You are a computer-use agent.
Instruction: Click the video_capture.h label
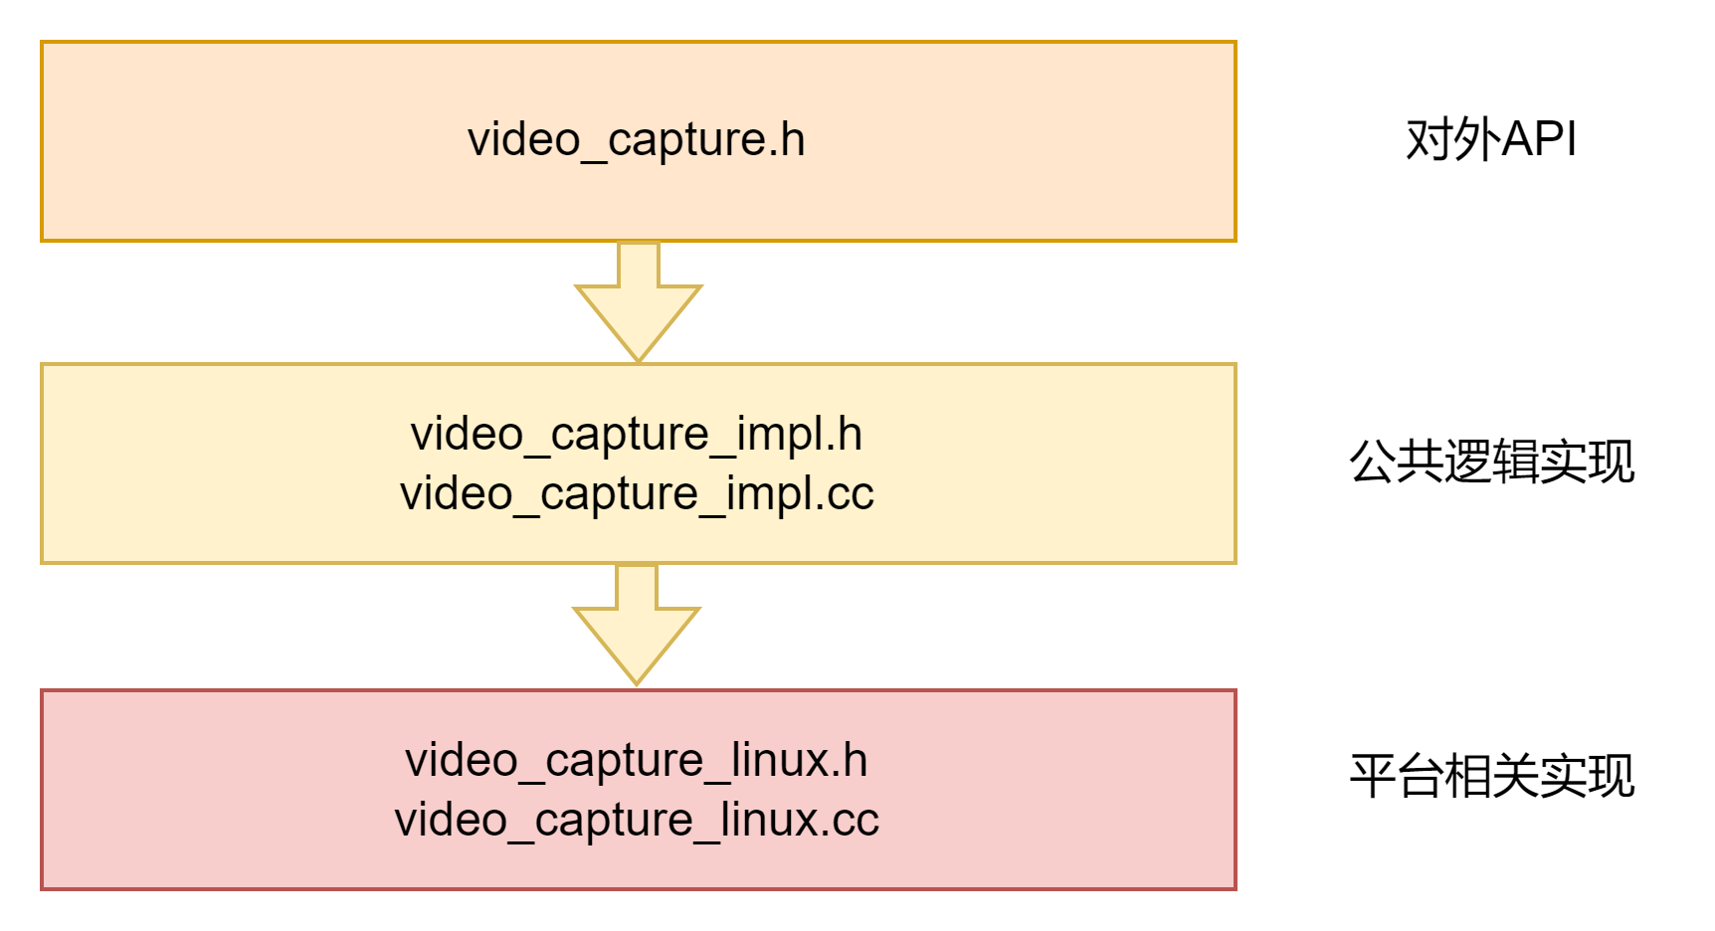click(637, 139)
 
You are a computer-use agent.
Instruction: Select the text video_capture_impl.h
click(637, 434)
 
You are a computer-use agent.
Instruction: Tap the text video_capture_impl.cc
click(637, 493)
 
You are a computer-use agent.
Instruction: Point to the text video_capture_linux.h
click(637, 760)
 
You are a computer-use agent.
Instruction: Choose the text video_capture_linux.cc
click(637, 820)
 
